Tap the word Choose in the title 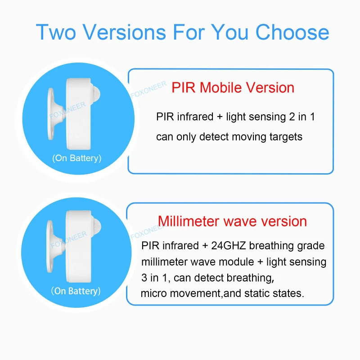(x=292, y=32)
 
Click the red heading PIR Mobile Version (x=233, y=87)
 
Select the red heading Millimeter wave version (x=232, y=221)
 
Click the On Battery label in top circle (x=76, y=158)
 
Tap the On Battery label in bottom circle (x=76, y=291)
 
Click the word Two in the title (x=53, y=32)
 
